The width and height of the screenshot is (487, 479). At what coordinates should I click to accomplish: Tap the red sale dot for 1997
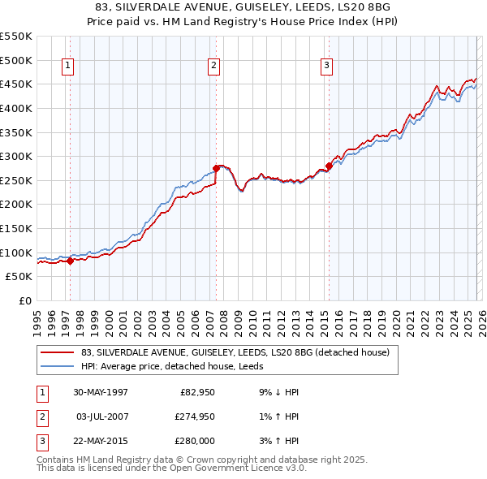(x=71, y=261)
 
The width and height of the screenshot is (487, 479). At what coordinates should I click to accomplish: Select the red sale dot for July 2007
(x=216, y=169)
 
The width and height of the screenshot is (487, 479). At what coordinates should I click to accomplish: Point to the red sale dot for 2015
(x=329, y=166)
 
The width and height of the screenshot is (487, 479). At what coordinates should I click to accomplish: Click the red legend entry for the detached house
(x=235, y=352)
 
